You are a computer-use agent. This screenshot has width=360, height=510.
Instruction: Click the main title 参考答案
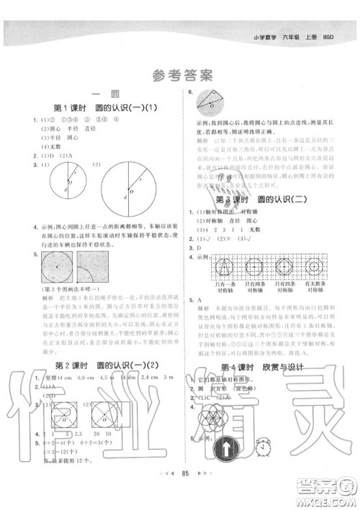coord(180,74)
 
